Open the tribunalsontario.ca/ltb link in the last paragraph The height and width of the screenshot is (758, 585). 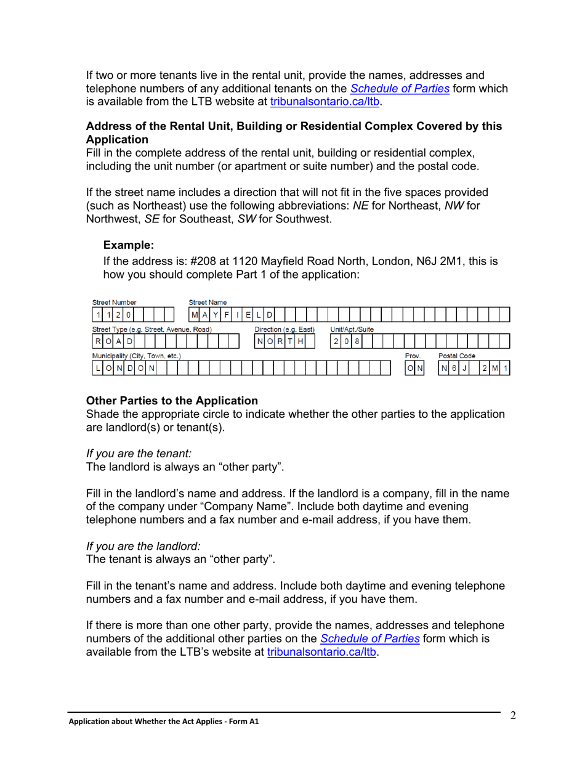click(321, 653)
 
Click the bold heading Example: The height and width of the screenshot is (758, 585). click(128, 245)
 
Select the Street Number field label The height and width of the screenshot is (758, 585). click(114, 303)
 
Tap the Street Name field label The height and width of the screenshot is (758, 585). click(208, 303)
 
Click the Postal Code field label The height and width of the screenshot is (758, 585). click(456, 356)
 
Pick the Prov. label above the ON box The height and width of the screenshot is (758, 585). click(413, 356)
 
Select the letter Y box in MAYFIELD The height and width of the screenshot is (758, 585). click(216, 315)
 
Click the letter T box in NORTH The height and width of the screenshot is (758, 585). click(290, 341)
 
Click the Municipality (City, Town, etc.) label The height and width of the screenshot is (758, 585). click(137, 356)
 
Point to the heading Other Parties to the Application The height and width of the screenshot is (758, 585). click(172, 401)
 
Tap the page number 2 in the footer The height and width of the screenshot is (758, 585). click(512, 715)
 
